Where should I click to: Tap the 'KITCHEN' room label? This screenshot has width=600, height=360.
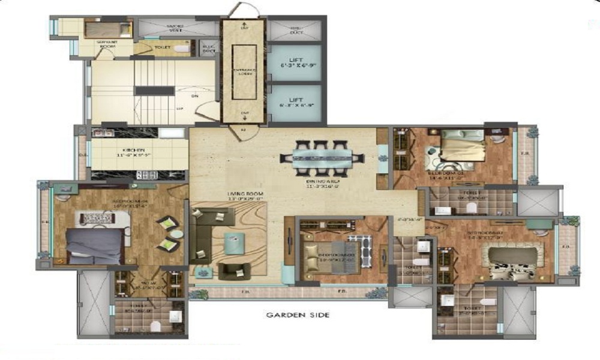(x=131, y=150)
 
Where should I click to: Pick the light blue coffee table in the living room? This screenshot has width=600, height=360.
(x=235, y=243)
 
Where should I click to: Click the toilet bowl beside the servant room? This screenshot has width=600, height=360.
(x=184, y=47)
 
